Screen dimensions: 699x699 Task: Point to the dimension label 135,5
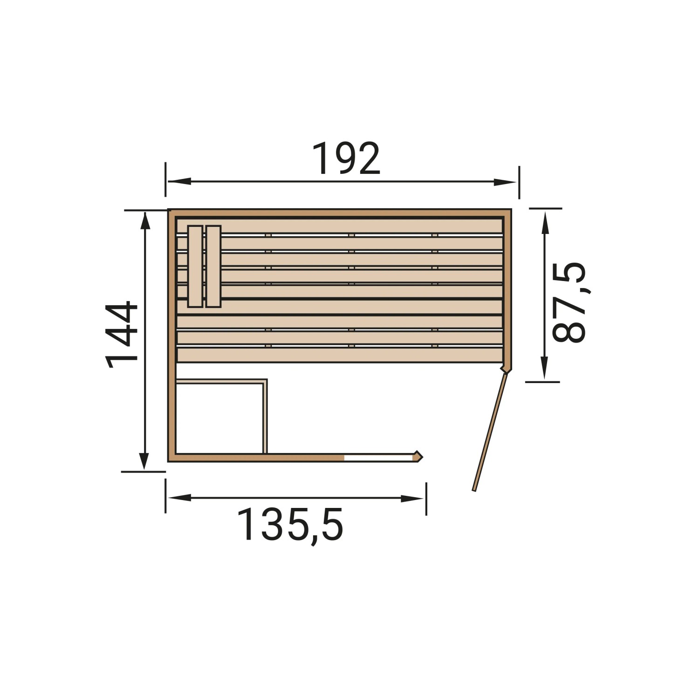[290, 525]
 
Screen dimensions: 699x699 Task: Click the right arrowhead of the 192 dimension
[505, 182]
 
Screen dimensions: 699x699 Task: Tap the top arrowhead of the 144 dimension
[145, 222]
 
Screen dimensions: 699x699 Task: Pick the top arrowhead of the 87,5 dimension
[544, 221]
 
